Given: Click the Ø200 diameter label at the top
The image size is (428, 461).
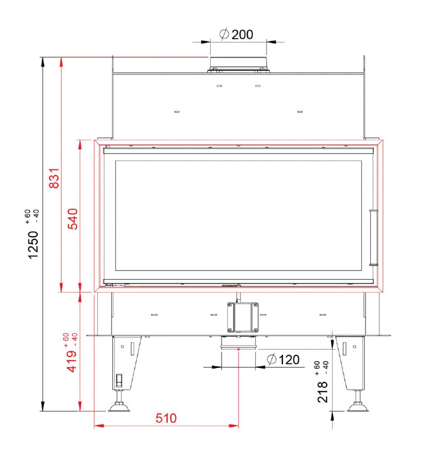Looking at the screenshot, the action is pos(236,35).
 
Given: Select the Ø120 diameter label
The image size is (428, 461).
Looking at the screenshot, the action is pos(284,360).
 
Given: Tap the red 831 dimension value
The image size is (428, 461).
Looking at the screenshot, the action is pos(54,178).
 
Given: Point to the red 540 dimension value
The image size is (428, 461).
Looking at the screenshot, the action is pos(72,219).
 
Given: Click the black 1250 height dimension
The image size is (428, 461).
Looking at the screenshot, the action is pos(33,245).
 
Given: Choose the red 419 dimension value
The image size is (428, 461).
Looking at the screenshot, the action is pos(72,361).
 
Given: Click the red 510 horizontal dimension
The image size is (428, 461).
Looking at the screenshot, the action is pos(166,418).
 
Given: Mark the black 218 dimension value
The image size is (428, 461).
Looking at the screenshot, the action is pos(322,392).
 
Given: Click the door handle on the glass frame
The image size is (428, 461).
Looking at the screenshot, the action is pos(373,237).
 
